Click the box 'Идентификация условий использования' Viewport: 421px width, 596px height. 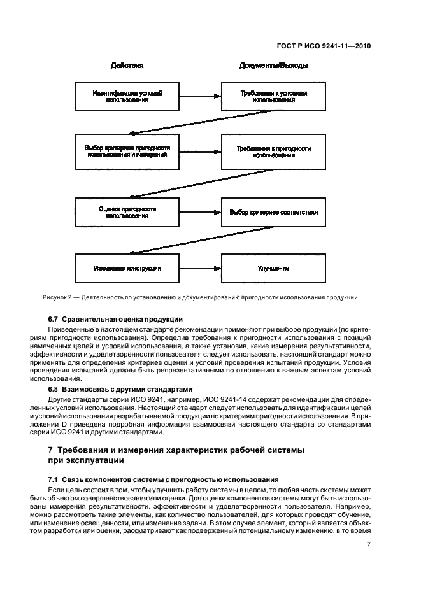point(127,96)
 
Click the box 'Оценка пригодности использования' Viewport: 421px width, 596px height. point(127,212)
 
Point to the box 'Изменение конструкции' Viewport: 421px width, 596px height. point(127,269)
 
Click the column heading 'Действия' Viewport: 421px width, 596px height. point(127,66)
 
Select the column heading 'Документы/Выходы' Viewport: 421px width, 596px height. point(273,66)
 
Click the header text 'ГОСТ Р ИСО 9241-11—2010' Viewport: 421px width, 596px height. point(324,46)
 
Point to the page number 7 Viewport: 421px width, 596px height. point(369,544)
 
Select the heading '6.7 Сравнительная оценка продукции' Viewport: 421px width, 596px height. point(115,319)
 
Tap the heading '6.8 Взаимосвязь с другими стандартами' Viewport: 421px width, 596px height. point(122,388)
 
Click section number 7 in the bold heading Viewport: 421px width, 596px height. point(50,451)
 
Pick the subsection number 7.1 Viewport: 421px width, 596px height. point(54,478)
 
